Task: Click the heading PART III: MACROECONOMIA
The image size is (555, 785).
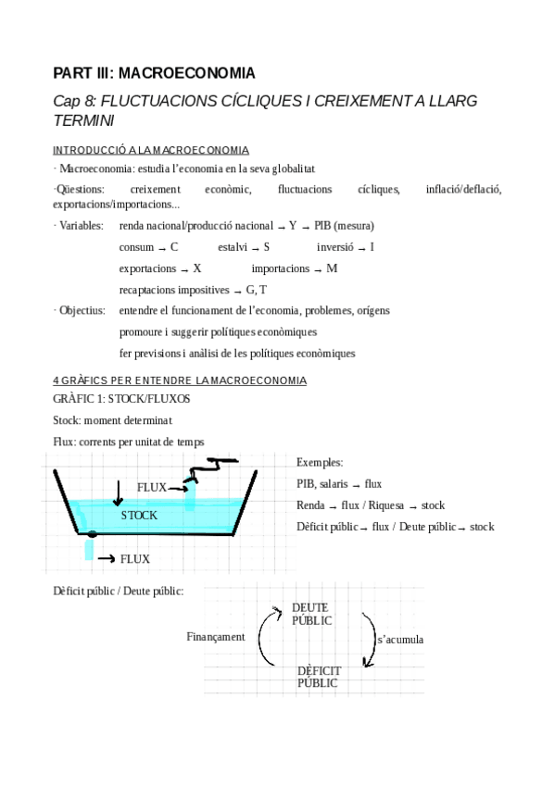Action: (x=154, y=72)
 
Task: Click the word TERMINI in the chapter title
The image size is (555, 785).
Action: (x=84, y=120)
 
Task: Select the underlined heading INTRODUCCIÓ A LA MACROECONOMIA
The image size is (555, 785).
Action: (x=150, y=150)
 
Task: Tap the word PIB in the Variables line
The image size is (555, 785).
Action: (x=322, y=225)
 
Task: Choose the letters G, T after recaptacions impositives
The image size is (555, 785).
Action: (x=257, y=291)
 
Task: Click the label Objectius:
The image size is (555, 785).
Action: (x=82, y=310)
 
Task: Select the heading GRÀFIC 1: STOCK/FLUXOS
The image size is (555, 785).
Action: (x=121, y=399)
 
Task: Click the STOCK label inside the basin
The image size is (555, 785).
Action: (x=139, y=515)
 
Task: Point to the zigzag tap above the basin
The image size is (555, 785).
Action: (x=208, y=471)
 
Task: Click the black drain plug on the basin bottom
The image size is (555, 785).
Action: (x=92, y=534)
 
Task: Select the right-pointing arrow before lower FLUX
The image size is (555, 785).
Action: (x=105, y=559)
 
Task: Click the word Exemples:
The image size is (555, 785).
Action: (x=320, y=462)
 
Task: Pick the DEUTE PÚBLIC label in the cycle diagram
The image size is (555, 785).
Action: (x=311, y=614)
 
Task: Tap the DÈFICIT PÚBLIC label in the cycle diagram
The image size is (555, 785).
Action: (x=319, y=677)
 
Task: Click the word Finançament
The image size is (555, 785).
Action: (x=215, y=637)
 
